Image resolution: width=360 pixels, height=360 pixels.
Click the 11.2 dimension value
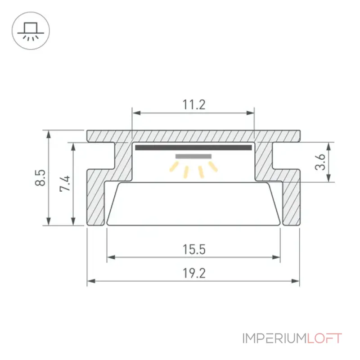click(x=194, y=105)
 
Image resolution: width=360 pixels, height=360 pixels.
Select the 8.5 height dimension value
click(x=40, y=177)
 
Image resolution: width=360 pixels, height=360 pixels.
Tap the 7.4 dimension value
click(x=65, y=184)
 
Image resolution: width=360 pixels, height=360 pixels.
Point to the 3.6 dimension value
click(x=320, y=162)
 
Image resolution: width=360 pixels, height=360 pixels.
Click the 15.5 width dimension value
click(x=194, y=250)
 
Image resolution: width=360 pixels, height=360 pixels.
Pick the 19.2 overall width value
click(x=194, y=273)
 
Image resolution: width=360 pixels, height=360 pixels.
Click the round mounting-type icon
click(x=31, y=31)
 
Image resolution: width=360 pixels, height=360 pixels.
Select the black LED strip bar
click(x=193, y=148)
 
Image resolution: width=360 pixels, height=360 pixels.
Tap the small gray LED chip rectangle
click(x=193, y=156)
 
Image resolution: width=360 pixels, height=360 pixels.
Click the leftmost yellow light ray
click(x=174, y=166)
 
